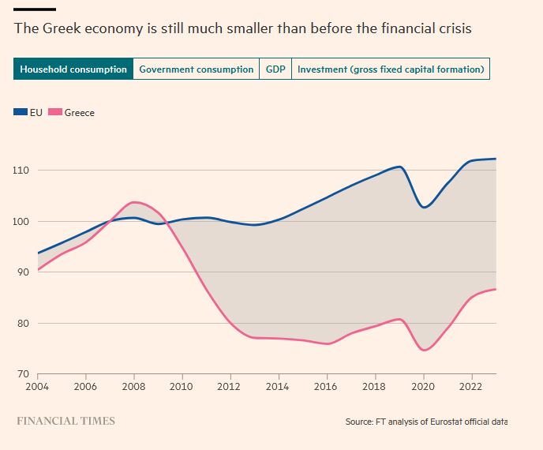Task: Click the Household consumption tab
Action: point(73,69)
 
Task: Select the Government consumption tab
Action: point(197,69)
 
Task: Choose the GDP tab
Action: point(275,69)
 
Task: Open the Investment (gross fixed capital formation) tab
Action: point(391,69)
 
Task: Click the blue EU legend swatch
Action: point(21,113)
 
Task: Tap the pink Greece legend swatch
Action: point(55,113)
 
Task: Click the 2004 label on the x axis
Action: point(38,387)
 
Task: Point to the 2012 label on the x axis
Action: point(230,387)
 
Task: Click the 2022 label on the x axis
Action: point(471,387)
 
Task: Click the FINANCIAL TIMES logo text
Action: point(66,421)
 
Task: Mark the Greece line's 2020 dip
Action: point(424,350)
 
